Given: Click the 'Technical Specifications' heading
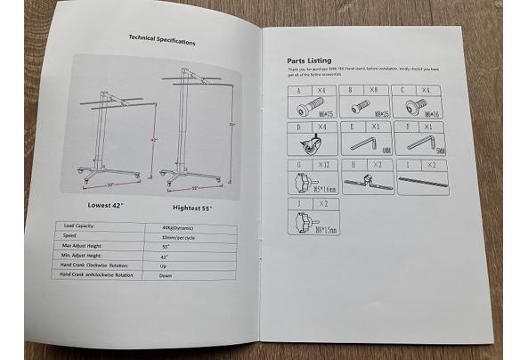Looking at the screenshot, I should (162, 40).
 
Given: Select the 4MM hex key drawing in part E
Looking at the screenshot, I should (364, 143).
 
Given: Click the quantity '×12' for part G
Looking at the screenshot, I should (322, 165).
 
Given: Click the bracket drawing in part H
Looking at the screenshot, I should (365, 182).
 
